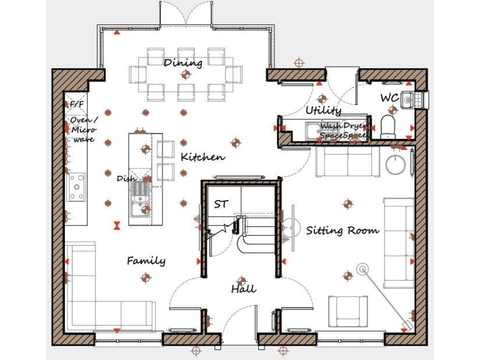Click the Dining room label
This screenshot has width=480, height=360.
pos(183,62)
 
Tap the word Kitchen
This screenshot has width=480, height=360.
pos(202,156)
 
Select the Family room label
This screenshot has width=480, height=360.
pos(146,260)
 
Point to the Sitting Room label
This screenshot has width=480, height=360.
pos(342,230)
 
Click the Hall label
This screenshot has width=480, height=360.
pos(243,289)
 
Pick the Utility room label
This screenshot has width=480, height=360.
pos(323,111)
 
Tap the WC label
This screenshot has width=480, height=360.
pos(389,98)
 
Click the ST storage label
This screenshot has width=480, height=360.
pos(221,204)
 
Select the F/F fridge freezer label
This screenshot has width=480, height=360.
pos(76,103)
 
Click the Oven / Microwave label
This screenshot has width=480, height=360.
pos(82,129)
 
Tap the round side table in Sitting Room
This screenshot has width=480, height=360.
pos(396,165)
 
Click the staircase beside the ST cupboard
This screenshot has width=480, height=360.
pos(254,231)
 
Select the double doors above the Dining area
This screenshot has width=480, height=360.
pos(185,12)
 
